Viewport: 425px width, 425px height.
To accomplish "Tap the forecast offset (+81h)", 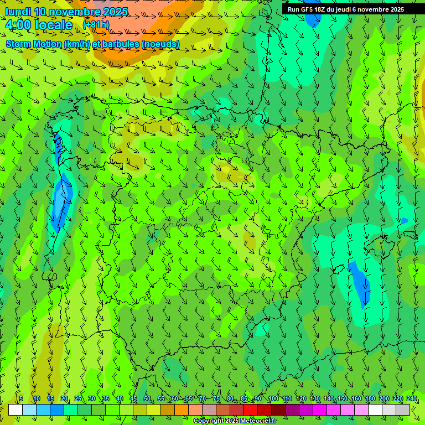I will (96, 25).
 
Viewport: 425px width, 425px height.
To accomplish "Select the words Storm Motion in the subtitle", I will (33, 44).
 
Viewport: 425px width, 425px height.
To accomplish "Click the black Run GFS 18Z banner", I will (346, 9).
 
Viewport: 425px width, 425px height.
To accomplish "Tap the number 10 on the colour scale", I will (37, 398).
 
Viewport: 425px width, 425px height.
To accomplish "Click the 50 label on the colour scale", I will (147, 398).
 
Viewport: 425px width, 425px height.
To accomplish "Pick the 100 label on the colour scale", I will (273, 398).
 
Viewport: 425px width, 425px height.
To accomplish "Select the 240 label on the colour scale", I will (411, 398).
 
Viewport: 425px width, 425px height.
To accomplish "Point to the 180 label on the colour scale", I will (369, 398).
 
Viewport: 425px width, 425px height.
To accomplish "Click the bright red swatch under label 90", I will (251, 410).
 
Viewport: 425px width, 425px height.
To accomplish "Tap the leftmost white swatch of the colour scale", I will (15, 410).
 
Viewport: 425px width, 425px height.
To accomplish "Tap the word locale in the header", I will (56, 25).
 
